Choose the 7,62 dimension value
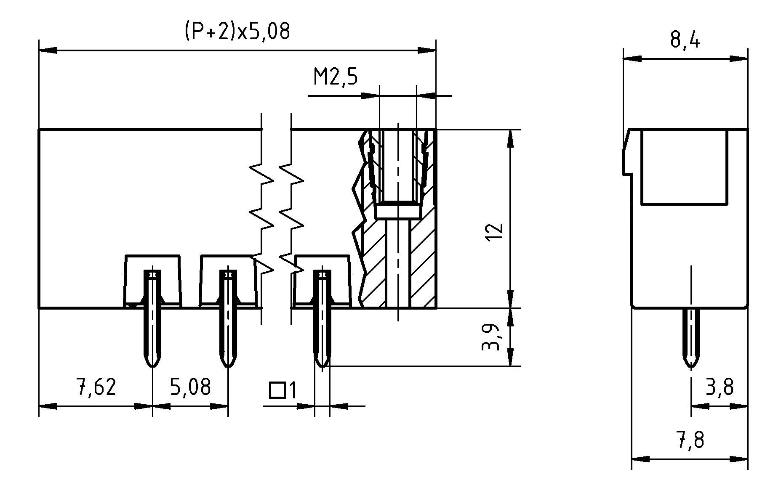[96, 387]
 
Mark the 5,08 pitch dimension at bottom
[190, 387]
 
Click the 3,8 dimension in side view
[720, 387]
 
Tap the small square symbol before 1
[277, 390]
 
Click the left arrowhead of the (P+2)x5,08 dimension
[46, 50]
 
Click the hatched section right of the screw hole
[422, 261]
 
